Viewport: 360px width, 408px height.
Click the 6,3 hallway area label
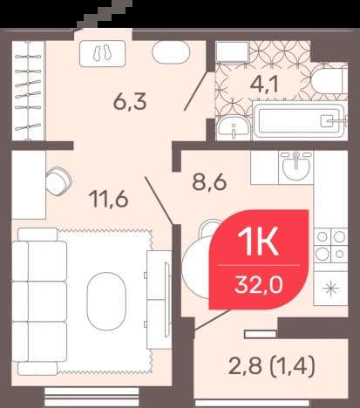pos(130,102)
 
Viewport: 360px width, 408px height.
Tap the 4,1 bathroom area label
pos(264,84)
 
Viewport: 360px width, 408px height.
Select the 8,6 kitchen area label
pos(209,182)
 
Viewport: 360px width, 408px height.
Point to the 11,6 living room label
pos(109,199)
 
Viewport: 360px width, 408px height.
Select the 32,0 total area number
pos(259,285)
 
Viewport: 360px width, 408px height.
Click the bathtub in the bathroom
pos(299,120)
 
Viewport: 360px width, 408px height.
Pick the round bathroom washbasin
pos(233,128)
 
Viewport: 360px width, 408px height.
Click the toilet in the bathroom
pos(329,81)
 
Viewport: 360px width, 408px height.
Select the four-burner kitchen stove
pos(330,246)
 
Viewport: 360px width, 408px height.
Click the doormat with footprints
pos(103,53)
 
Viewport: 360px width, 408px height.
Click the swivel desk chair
pos(58,181)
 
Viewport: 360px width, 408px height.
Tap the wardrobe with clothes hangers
pos(28,91)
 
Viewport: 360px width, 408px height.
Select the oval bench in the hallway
pos(171,52)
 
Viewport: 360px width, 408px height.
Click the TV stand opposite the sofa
pos(159,299)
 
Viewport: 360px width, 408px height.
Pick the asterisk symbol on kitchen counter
pos(331,289)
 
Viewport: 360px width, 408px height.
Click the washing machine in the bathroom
pos(233,51)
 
